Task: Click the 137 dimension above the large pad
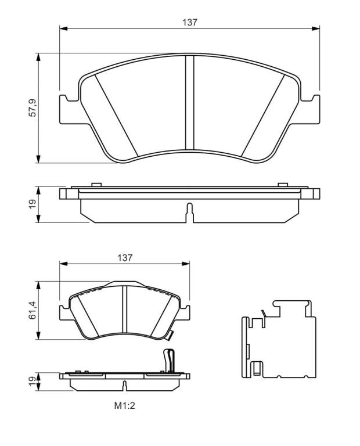190,22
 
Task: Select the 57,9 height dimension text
33,108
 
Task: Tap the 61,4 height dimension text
33,310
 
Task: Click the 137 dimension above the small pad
125,258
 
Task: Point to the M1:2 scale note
125,406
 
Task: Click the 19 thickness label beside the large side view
33,204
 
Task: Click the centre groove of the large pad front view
190,102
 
